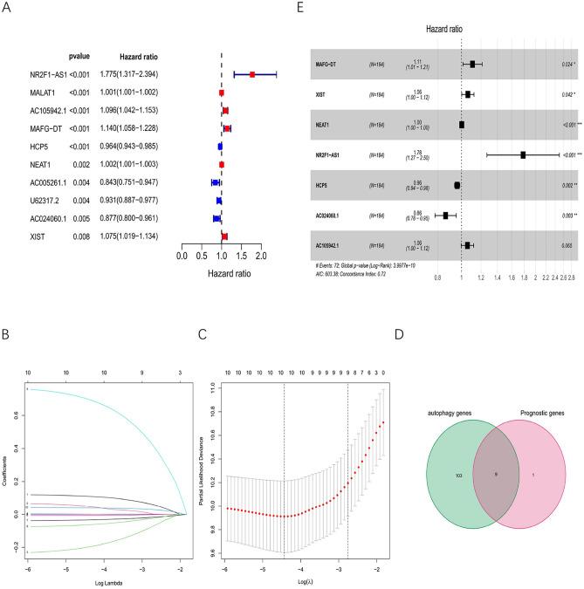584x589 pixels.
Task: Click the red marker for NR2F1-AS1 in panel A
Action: pyautogui.click(x=252, y=75)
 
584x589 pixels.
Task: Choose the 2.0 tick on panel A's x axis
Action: pyautogui.click(x=261, y=257)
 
